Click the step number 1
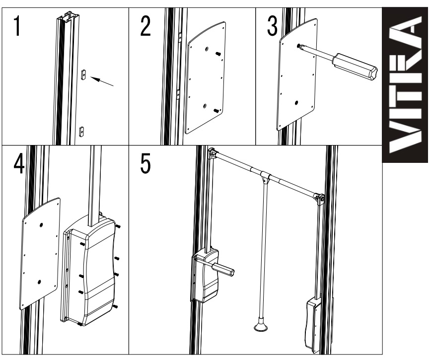(17, 26)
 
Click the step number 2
(145, 26)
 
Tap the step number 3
(272, 26)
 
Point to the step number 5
(145, 163)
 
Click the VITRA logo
(405, 85)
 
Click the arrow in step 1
(102, 81)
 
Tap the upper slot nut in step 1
(83, 74)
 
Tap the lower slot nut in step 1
(81, 132)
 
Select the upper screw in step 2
(218, 54)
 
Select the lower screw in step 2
(217, 111)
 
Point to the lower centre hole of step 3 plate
(296, 103)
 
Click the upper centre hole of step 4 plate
(41, 225)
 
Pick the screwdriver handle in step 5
(223, 270)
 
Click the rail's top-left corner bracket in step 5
(213, 153)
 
